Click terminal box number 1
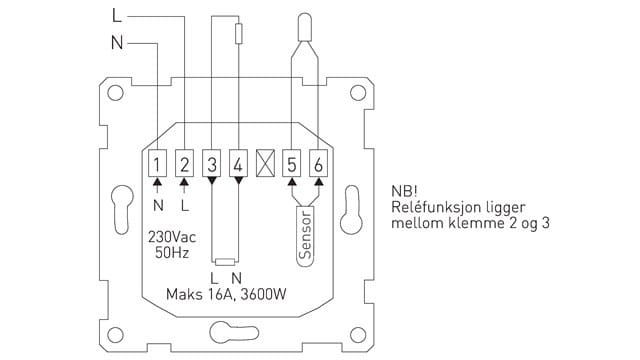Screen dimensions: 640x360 [157, 163]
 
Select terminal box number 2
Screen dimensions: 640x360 [184, 163]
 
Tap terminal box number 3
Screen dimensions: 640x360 [211, 163]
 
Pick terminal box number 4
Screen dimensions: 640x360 [238, 163]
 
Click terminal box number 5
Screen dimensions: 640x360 [291, 163]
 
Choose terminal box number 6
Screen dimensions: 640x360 [318, 163]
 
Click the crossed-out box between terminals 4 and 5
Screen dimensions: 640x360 [265, 163]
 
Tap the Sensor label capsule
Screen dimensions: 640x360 [305, 236]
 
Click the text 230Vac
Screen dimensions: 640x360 [172, 237]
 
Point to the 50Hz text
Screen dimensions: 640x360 [172, 253]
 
